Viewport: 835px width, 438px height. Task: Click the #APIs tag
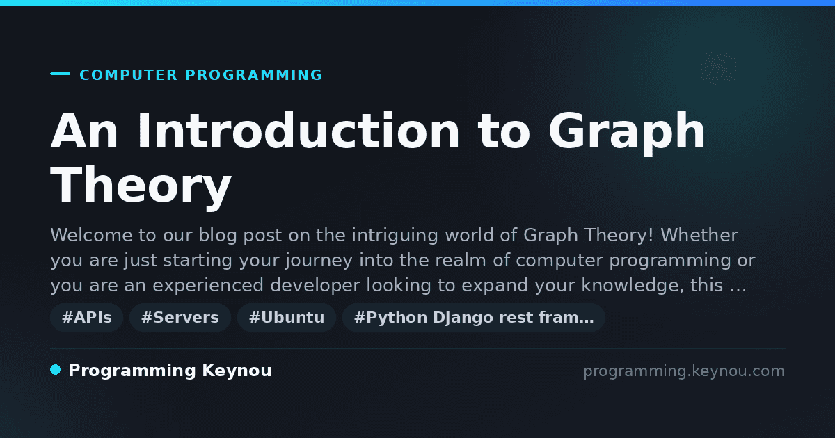(x=86, y=317)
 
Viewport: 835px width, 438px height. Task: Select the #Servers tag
(x=180, y=317)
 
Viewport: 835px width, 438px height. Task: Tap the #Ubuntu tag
(x=287, y=317)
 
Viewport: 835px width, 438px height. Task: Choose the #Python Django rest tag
(x=473, y=317)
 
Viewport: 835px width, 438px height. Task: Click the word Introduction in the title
(x=299, y=131)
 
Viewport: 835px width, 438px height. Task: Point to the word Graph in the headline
(x=627, y=133)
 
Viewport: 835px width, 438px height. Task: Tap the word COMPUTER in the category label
(x=128, y=75)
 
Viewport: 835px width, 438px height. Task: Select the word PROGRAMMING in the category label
(x=253, y=75)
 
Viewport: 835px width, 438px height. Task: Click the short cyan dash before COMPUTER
(x=60, y=74)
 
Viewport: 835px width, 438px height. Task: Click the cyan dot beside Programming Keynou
(x=56, y=370)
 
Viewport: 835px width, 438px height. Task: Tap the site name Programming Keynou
(x=170, y=371)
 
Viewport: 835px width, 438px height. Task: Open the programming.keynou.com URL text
(x=684, y=371)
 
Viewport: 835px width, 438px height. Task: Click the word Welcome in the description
(x=91, y=235)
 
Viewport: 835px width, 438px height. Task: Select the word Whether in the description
(x=699, y=235)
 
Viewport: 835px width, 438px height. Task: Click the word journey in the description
(x=319, y=261)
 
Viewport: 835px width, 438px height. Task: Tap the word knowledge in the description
(x=633, y=286)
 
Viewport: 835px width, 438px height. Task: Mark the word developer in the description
(x=315, y=286)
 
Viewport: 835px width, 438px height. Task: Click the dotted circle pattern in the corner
(x=719, y=67)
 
